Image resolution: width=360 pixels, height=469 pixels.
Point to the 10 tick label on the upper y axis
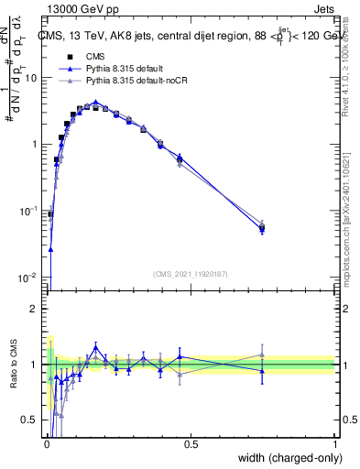click(x=30, y=78)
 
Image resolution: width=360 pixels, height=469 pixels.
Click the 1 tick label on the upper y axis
click(x=34, y=145)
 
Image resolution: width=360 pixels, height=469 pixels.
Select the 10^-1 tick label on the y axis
click(x=29, y=211)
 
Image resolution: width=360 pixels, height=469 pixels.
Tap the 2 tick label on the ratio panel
click(x=34, y=309)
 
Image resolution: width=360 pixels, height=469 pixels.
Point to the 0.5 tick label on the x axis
click(x=191, y=445)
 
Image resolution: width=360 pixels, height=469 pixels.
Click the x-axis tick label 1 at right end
click(x=335, y=445)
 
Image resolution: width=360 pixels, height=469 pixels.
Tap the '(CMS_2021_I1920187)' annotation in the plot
click(x=191, y=274)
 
